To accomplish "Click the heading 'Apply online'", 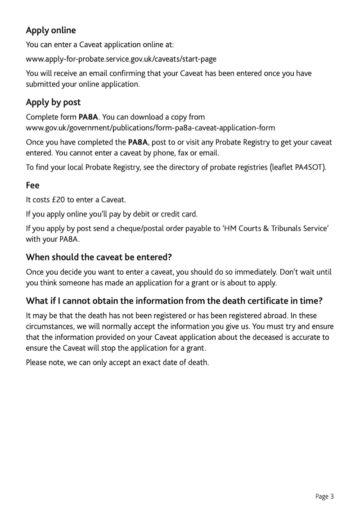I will (x=51, y=30).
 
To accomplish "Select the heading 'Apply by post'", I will (x=53, y=102).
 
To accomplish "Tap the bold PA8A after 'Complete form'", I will (x=88, y=117).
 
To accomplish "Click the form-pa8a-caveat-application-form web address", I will (x=151, y=127).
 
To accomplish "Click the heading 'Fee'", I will (x=32, y=185).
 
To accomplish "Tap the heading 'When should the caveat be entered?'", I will (x=99, y=257).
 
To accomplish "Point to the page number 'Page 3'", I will (x=324, y=496).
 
